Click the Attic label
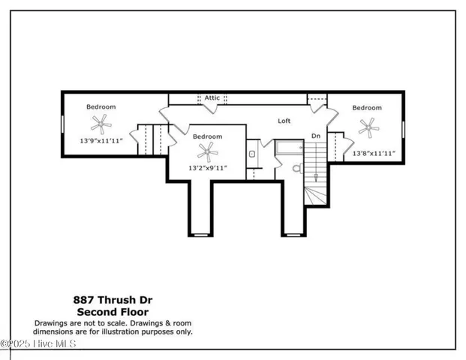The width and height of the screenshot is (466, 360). (212, 97)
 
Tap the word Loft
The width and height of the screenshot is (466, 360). (284, 121)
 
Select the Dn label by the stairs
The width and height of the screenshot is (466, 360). (316, 136)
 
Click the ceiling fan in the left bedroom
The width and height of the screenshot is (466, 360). (100, 123)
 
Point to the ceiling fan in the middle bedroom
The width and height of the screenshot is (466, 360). (207, 154)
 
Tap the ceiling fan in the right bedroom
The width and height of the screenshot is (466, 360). (368, 127)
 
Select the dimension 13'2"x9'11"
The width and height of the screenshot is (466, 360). (207, 169)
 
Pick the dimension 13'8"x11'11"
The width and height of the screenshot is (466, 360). (373, 153)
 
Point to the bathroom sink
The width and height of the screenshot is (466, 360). (252, 154)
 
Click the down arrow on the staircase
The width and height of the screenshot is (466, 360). (315, 177)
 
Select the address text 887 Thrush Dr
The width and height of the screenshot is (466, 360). (113, 299)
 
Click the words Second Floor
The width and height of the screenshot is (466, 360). (113, 311)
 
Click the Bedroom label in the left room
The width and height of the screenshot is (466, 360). (100, 106)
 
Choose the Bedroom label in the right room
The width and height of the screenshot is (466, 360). (367, 108)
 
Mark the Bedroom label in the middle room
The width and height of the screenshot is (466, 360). (207, 136)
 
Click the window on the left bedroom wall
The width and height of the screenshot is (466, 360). (62, 124)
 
